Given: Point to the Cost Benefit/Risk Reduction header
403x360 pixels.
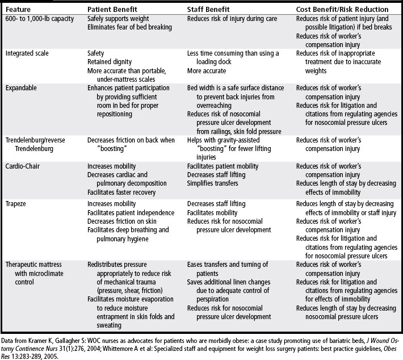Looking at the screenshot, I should (x=342, y=10).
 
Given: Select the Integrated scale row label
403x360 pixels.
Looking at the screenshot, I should (x=27, y=53).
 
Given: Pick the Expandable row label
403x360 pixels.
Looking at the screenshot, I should (x=22, y=89).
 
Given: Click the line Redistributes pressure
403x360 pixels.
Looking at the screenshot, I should (x=118, y=265).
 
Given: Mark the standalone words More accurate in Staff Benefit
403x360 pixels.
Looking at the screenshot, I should (x=206, y=71).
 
